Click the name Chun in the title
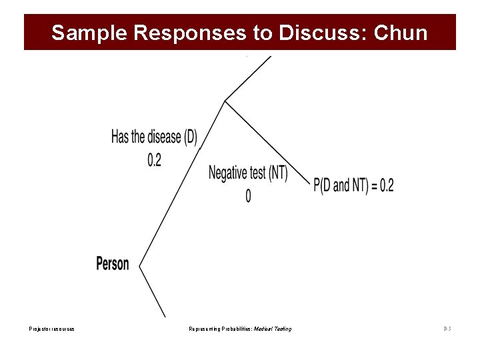tap(401, 33)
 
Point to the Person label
tap(113, 263)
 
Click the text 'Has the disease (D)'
tap(154, 137)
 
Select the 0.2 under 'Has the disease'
tap(154, 160)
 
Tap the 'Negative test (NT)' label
tap(248, 173)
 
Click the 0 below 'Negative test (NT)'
tap(248, 196)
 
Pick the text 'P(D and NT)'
tap(341, 185)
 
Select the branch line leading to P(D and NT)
tap(267, 141)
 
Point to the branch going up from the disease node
tap(248, 78)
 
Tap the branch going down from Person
tap(152, 291)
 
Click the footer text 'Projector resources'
tap(51, 329)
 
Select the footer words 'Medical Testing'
tap(277, 329)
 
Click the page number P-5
tap(447, 329)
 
